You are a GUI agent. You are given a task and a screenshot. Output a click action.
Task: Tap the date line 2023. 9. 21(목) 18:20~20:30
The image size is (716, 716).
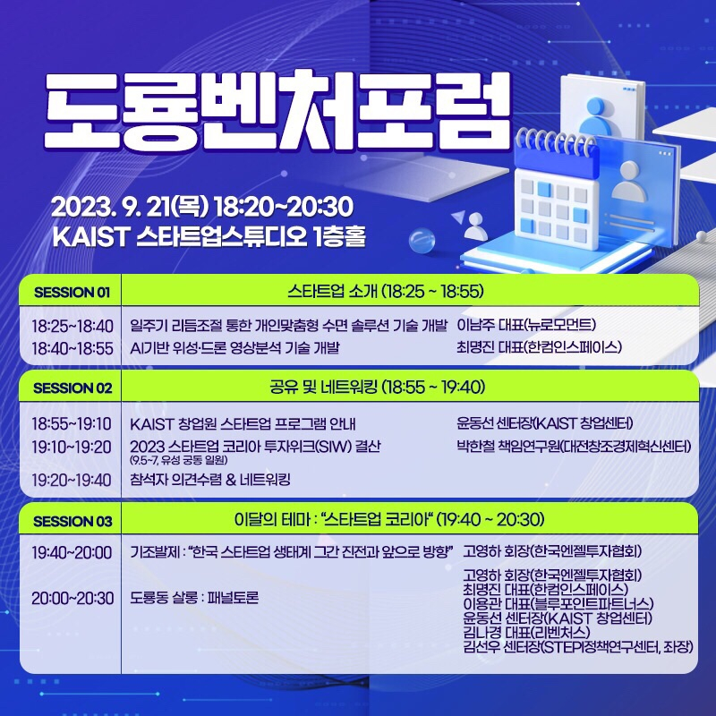click(201, 207)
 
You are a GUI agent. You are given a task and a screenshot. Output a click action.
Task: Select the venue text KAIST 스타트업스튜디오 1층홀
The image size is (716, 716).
click(209, 238)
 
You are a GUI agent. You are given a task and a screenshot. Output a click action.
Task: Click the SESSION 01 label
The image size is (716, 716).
click(72, 292)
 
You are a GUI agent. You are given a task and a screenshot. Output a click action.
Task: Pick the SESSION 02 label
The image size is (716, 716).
click(72, 388)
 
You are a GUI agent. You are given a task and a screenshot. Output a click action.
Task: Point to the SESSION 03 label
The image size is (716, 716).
click(72, 521)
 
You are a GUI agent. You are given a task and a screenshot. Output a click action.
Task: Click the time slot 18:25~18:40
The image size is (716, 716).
click(72, 324)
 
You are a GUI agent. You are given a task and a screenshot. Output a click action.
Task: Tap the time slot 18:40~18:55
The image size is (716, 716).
click(72, 347)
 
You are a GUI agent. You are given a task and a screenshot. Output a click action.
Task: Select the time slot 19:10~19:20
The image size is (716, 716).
click(72, 446)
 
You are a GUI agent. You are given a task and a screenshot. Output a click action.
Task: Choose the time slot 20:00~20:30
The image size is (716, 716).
click(72, 597)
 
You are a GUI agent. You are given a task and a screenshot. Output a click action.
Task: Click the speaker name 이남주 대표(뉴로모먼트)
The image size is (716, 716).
click(526, 324)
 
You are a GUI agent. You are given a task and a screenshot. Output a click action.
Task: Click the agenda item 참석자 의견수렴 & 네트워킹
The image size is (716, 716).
click(210, 480)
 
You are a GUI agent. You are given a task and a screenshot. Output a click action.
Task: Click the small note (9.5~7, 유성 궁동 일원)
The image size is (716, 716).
click(179, 460)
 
